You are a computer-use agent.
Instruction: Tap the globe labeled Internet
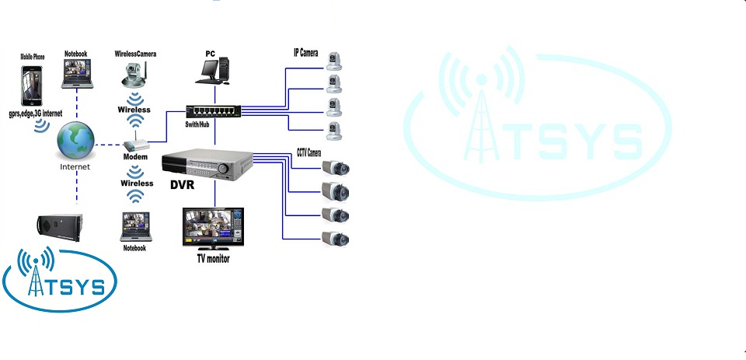click(x=76, y=141)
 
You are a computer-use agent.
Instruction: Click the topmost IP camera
click(x=335, y=61)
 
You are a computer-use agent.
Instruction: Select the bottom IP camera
click(x=334, y=129)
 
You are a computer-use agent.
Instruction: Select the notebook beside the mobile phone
click(x=76, y=75)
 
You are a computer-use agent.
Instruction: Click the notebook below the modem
click(x=134, y=227)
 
